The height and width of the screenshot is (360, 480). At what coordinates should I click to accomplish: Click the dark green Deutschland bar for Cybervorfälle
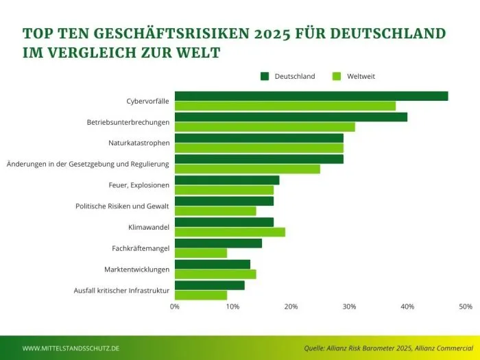pos(311,96)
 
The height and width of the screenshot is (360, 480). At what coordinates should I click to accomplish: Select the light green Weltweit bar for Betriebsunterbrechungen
pos(265,127)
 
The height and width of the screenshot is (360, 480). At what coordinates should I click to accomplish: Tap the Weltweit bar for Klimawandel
pos(230,232)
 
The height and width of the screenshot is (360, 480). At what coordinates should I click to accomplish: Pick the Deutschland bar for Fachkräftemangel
pos(218,243)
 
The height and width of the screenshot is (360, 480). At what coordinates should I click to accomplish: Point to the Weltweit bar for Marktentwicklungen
pos(215,274)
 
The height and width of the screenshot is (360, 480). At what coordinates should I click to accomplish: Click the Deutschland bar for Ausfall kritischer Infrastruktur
pos(209,285)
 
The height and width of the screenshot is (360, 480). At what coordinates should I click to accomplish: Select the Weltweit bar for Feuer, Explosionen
pos(224,190)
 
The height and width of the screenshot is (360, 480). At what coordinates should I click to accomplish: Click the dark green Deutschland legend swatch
pos(265,76)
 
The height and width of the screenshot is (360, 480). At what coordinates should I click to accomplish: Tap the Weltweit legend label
pos(361,76)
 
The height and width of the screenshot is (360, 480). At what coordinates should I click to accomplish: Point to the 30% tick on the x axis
pos(350,307)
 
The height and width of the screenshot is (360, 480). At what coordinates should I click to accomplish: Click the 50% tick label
pos(466,307)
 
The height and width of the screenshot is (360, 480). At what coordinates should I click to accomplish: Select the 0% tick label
pos(175,307)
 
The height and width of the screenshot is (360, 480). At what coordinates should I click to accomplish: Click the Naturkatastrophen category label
pos(139,143)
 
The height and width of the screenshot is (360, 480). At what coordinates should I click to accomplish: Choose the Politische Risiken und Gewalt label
pos(122,206)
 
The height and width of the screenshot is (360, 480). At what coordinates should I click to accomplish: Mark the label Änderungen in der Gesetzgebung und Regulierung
pos(88,164)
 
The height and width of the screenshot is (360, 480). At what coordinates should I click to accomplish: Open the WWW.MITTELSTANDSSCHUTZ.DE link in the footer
pos(71,348)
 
